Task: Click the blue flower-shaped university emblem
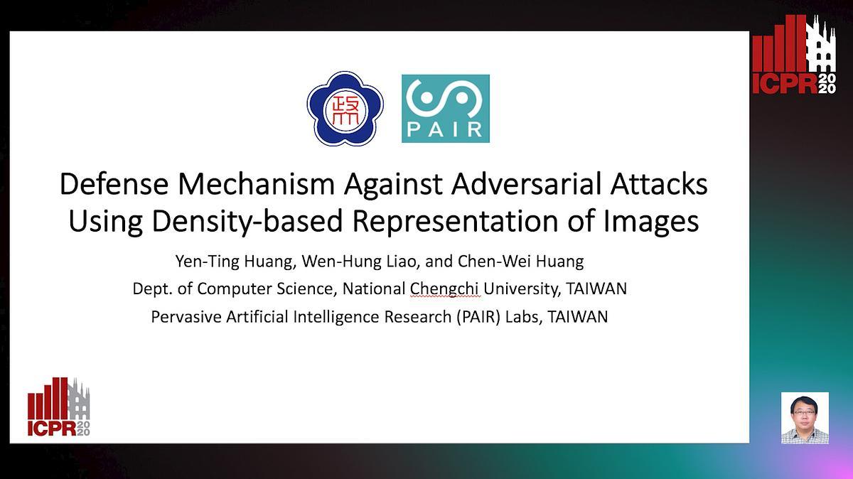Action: [345, 109]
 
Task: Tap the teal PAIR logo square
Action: [446, 109]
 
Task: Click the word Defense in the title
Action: [114, 184]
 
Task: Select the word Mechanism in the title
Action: [257, 184]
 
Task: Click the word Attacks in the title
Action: [659, 184]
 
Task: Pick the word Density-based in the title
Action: [247, 222]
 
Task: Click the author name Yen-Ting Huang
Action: [236, 262]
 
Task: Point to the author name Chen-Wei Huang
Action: [520, 262]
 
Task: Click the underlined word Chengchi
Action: [444, 289]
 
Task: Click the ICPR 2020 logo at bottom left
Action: [58, 407]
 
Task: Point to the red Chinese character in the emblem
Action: [345, 109]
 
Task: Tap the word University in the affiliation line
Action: [522, 289]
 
